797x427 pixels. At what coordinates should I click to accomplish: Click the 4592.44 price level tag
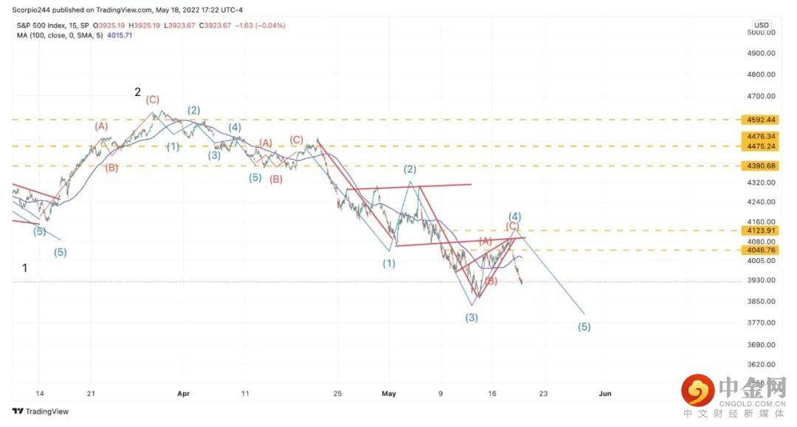coord(759,120)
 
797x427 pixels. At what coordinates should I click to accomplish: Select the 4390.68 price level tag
coord(759,165)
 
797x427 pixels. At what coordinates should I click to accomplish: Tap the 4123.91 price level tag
coord(759,230)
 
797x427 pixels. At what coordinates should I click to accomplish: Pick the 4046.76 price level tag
coord(759,250)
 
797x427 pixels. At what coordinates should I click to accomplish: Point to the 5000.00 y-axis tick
coord(761,33)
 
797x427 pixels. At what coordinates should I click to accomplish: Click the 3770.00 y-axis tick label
coord(761,323)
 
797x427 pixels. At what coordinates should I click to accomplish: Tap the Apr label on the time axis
coord(183,394)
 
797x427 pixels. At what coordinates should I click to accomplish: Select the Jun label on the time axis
coord(604,394)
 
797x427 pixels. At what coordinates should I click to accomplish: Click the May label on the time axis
coord(389,394)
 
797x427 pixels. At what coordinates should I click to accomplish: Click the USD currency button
coord(761,24)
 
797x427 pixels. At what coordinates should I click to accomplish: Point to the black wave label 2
coord(137,92)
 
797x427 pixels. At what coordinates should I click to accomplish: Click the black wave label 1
coord(25,268)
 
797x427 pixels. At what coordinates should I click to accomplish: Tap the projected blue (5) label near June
coord(584,327)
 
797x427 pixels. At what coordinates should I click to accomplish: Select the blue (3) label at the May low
coord(472,318)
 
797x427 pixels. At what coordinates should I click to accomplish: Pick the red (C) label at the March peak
coord(152,99)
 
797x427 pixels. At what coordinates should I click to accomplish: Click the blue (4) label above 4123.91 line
coord(515,216)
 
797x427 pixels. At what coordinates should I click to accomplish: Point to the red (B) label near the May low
coord(490,281)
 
